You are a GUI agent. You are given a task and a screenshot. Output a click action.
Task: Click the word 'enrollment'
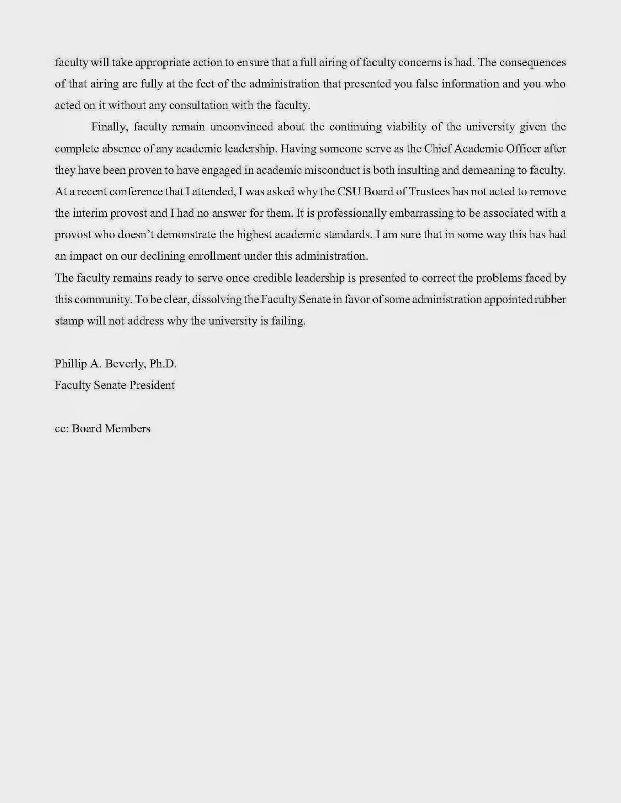point(213,256)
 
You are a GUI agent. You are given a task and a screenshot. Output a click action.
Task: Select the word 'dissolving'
point(215,300)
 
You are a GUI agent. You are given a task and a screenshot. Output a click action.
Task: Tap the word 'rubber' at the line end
point(550,300)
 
